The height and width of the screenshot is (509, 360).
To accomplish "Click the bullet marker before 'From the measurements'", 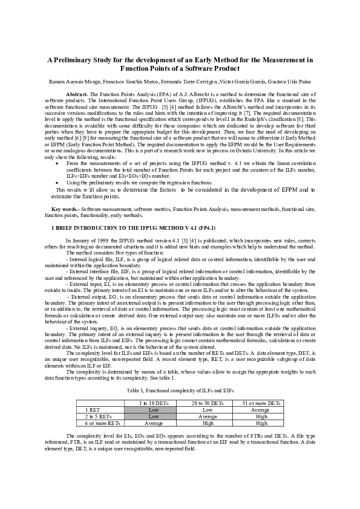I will coord(57,163).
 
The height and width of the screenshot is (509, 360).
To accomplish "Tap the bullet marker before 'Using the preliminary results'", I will coord(57,181).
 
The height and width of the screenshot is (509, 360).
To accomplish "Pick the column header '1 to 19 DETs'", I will coord(154,403).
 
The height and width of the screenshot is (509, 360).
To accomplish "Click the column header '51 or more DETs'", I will coord(261,403).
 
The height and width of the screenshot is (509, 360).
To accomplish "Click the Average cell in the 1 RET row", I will coord(261,409).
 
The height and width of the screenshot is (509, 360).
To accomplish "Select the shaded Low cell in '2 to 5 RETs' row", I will coord(154,417).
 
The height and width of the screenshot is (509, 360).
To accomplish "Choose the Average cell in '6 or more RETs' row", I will coord(154,423).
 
